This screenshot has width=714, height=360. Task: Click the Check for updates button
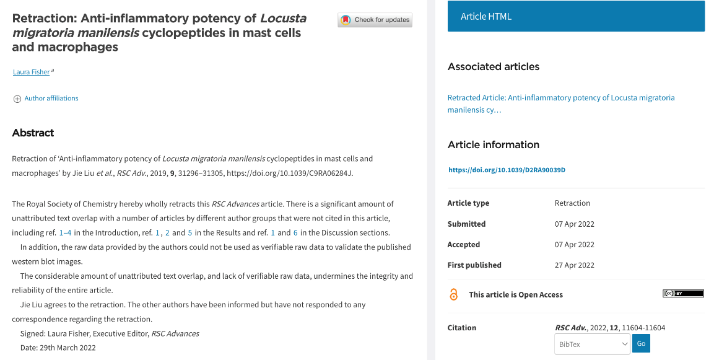click(375, 20)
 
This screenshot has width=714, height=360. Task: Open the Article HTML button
click(576, 16)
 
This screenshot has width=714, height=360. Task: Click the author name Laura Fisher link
click(31, 72)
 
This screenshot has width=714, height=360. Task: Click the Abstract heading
click(33, 133)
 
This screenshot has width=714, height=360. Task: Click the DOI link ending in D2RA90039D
click(507, 170)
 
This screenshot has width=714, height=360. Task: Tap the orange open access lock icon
click(454, 295)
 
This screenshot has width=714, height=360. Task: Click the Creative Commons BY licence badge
click(683, 294)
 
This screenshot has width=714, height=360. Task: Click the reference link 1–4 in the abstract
click(65, 233)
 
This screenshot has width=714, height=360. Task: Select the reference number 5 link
click(190, 233)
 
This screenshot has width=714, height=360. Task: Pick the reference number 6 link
click(295, 233)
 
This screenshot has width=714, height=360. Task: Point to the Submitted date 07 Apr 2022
click(574, 224)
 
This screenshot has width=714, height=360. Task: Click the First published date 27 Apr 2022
click(574, 265)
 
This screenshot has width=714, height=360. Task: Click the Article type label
click(468, 203)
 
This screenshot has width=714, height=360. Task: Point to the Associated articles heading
click(494, 66)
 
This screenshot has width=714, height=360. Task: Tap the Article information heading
click(494, 144)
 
